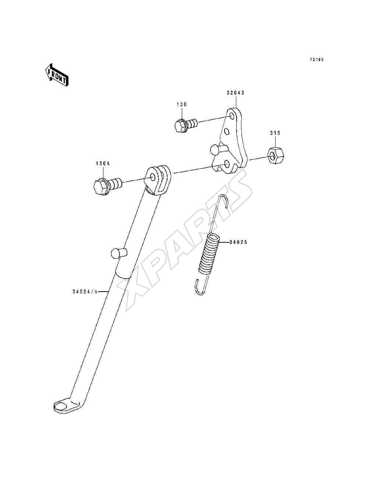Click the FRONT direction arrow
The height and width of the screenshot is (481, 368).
[57, 75]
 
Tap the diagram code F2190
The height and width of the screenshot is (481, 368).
[317, 60]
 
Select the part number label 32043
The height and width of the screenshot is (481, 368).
[236, 93]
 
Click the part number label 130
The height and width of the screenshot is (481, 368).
[182, 104]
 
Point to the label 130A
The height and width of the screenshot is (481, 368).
[103, 164]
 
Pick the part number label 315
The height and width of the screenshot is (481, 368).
[275, 133]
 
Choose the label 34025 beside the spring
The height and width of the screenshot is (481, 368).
[238, 242]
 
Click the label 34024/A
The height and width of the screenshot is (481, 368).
[85, 292]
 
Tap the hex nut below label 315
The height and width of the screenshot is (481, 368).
[276, 155]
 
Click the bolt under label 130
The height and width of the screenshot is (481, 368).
[186, 125]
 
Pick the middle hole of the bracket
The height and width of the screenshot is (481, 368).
[227, 132]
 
